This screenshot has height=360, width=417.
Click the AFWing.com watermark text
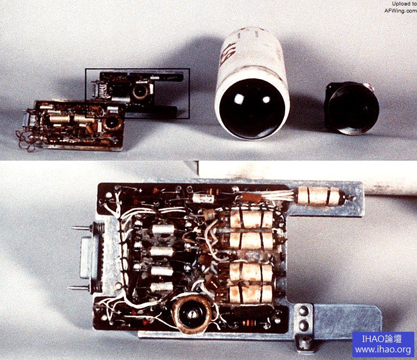(x=401, y=11)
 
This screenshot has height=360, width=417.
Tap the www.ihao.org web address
(x=383, y=350)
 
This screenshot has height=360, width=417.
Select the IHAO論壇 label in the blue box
(x=382, y=339)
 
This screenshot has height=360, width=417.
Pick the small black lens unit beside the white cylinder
(x=352, y=108)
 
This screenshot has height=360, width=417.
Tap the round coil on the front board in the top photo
(x=112, y=123)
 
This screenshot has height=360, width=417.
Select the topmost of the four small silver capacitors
(x=162, y=230)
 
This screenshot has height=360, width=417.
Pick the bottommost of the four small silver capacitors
(x=161, y=287)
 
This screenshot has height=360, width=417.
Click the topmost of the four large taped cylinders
(x=251, y=219)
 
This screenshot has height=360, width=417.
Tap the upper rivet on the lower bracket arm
(x=304, y=311)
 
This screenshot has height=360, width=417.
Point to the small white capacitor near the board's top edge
(x=204, y=198)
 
